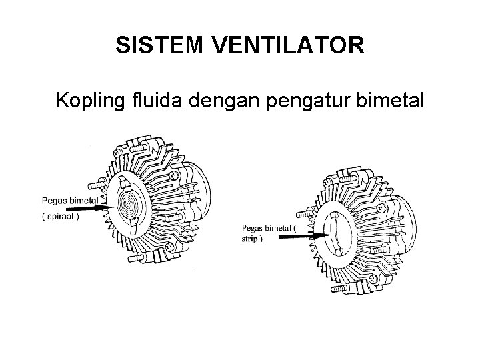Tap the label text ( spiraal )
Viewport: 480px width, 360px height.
point(61,215)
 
